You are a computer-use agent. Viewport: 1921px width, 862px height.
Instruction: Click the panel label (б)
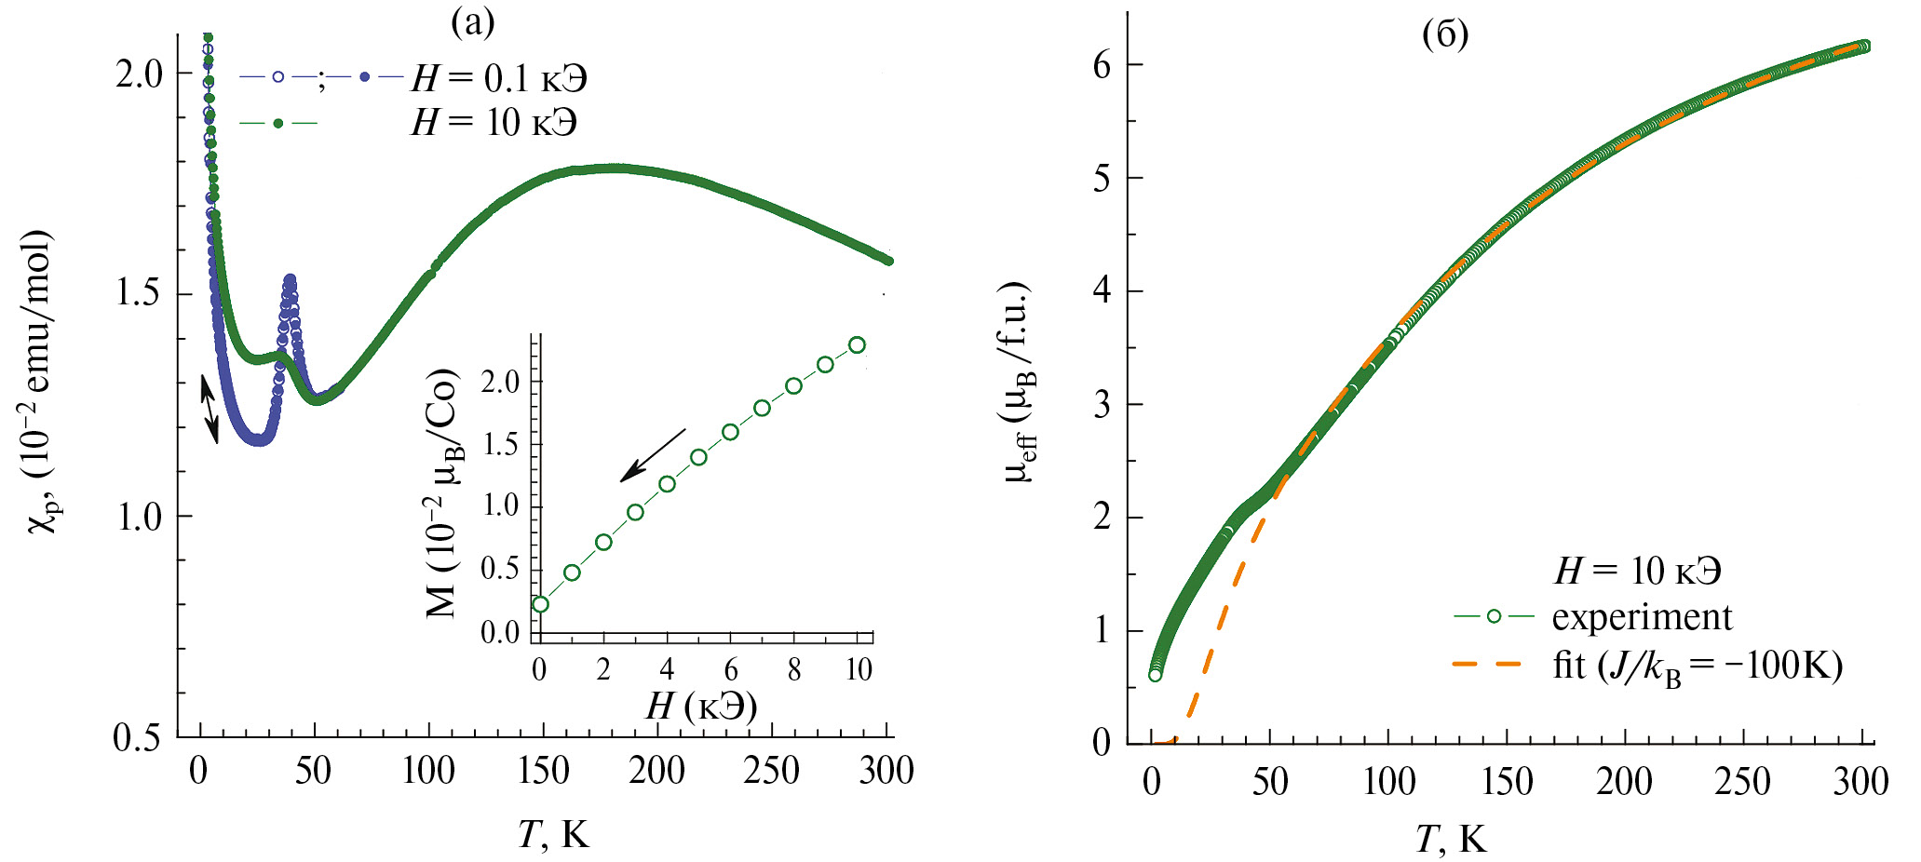tap(1445, 34)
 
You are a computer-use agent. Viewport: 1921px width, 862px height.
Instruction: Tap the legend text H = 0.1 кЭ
tap(499, 79)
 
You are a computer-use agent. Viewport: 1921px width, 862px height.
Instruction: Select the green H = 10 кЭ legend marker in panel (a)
tap(277, 123)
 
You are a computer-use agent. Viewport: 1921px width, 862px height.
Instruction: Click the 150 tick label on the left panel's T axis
tap(543, 772)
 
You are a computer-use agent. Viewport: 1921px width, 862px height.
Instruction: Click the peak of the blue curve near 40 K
tap(290, 279)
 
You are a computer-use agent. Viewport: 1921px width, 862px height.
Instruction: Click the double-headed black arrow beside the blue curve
tap(210, 410)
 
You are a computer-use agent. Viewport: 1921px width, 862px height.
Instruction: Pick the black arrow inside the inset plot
tap(652, 455)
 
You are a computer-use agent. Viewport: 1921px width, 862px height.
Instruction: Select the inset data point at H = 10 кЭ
tap(857, 345)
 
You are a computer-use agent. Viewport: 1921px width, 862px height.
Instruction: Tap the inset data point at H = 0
tap(540, 604)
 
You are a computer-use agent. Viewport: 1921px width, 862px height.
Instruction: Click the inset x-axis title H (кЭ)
tap(701, 707)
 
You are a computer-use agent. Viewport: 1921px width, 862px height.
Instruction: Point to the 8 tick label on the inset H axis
tap(793, 669)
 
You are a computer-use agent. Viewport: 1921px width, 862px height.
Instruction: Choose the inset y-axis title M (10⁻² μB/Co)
tap(441, 493)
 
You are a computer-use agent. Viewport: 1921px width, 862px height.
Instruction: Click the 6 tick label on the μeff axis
tap(1102, 65)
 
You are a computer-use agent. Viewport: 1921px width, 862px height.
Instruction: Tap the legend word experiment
tap(1642, 617)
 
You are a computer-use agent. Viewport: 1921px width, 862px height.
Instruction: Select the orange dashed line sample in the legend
tap(1487, 665)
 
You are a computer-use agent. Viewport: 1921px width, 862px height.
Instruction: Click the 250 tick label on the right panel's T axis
tap(1742, 782)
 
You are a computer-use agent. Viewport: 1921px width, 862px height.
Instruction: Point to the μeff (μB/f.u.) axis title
tap(1021, 382)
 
